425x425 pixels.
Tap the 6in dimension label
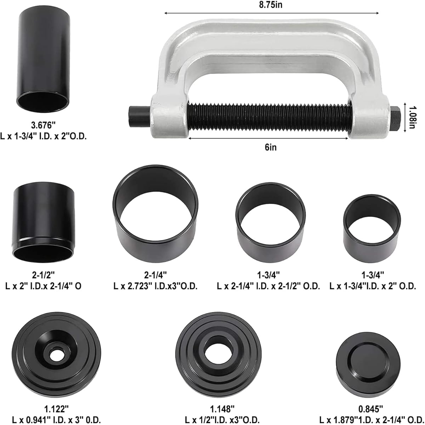coord(271,147)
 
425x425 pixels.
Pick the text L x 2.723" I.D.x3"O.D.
coord(155,286)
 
